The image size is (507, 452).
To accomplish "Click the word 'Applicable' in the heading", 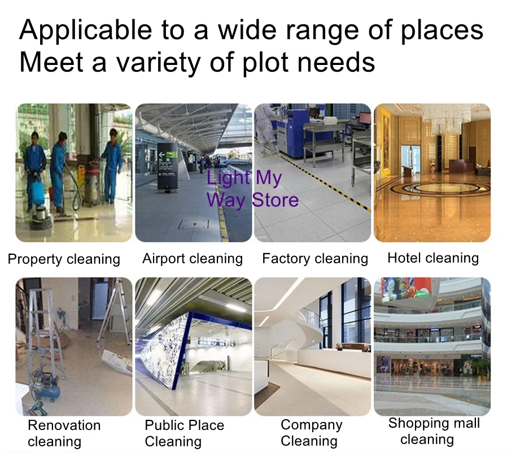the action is point(86,31).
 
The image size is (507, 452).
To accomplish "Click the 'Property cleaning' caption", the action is point(64,259).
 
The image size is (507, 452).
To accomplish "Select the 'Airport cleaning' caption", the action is point(193,259).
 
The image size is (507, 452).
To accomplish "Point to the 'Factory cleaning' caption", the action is point(315,259).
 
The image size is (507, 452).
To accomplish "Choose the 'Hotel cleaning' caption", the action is point(433,258).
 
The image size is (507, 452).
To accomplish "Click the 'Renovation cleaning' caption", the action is point(64,433).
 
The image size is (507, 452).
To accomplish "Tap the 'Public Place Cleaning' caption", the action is point(184,433).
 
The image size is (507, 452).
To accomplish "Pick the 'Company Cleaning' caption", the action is point(311,433).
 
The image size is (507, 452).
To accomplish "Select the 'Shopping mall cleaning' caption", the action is point(434,431).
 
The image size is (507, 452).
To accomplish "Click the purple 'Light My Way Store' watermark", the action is point(252,189).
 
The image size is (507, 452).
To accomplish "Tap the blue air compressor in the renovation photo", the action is point(46,386).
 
